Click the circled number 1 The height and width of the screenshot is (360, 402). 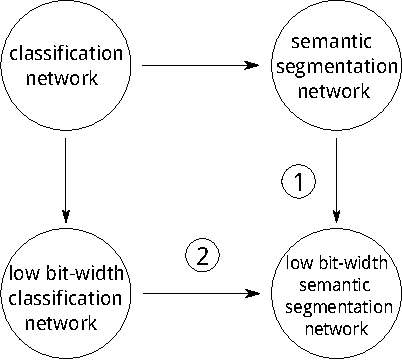point(299,181)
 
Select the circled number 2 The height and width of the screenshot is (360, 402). point(201,256)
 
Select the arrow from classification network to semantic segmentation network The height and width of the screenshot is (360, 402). point(200,67)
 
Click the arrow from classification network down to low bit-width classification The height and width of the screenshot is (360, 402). point(65,181)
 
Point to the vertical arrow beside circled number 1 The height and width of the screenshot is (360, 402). point(336,181)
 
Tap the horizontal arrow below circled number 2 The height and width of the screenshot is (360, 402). point(200,295)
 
